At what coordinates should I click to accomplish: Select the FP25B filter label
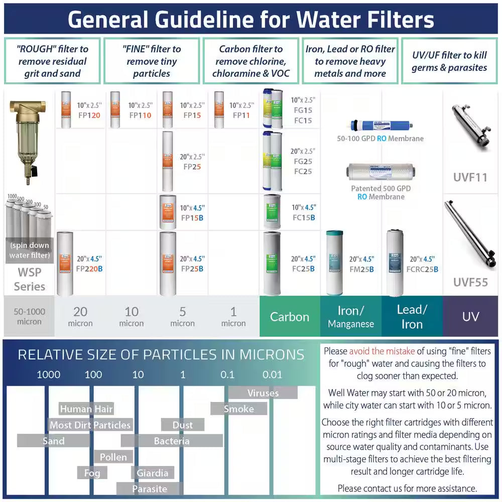pos(193,264)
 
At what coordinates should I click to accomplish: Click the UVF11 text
pos(470,177)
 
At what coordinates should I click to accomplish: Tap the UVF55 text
pos(470,282)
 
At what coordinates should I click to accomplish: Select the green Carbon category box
pos(290,317)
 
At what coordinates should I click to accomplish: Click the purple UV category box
pos(470,317)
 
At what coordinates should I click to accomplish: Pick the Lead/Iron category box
pos(412,317)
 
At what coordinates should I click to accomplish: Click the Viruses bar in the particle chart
pos(263,393)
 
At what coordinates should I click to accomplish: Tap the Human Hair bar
pos(86,409)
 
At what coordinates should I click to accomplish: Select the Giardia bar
pos(153,473)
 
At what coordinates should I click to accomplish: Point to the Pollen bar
pos(113,457)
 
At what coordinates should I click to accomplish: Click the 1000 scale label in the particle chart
pos(49,374)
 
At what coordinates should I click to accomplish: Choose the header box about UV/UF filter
pos(449,61)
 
